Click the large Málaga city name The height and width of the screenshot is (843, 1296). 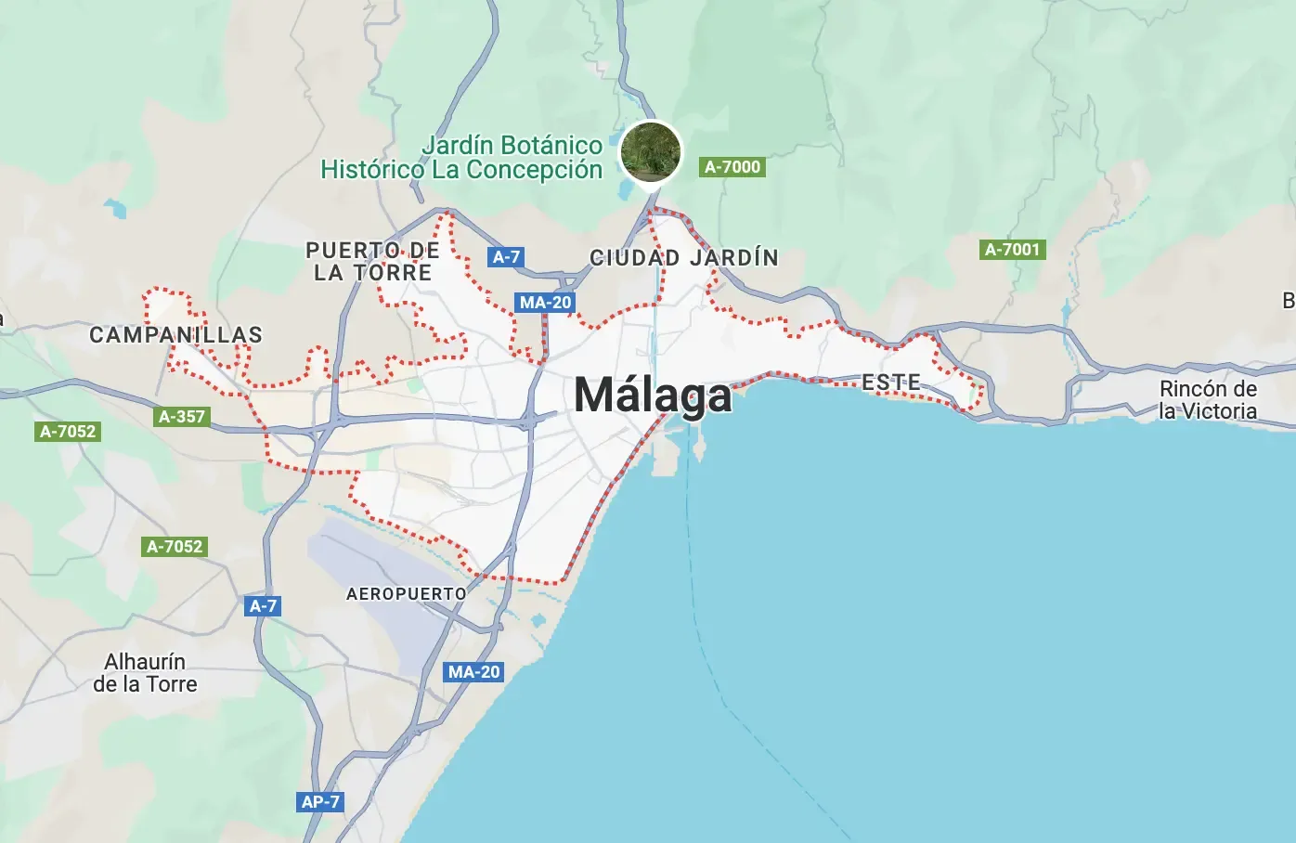pyautogui.click(x=654, y=396)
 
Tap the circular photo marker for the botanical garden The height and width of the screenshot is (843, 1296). pyautogui.click(x=651, y=152)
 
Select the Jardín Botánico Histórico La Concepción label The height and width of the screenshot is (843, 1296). pyautogui.click(x=461, y=158)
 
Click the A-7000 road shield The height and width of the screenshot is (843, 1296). pyautogui.click(x=732, y=167)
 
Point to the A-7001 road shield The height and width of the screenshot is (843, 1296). pyautogui.click(x=1013, y=249)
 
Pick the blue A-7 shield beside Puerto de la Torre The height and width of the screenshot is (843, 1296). pyautogui.click(x=506, y=257)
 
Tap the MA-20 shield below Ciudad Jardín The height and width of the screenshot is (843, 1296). pyautogui.click(x=546, y=302)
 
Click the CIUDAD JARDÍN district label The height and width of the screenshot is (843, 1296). pyautogui.click(x=684, y=257)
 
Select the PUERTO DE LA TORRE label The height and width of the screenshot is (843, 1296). pyautogui.click(x=372, y=262)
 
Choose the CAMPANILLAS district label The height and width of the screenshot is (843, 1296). pyautogui.click(x=175, y=335)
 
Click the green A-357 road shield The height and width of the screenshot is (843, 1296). pyautogui.click(x=182, y=417)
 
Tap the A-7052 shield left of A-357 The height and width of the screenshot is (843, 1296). pyautogui.click(x=68, y=431)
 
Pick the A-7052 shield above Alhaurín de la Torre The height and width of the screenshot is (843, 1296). pyautogui.click(x=175, y=547)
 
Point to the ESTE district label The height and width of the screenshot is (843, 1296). pyautogui.click(x=891, y=382)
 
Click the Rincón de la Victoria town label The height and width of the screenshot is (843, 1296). pyautogui.click(x=1208, y=400)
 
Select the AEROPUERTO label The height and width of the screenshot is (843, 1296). pyautogui.click(x=407, y=593)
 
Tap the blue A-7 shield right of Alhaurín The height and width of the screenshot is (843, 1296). pyautogui.click(x=264, y=606)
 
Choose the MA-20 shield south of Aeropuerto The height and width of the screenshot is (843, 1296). pyautogui.click(x=474, y=671)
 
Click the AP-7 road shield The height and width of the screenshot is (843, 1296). pyautogui.click(x=320, y=801)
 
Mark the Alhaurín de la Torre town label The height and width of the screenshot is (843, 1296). pyautogui.click(x=145, y=673)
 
